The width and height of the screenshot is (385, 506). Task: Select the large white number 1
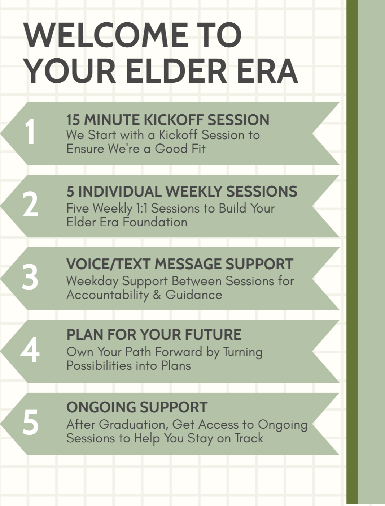30,132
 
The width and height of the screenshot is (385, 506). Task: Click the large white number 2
30,205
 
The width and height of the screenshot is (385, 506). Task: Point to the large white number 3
30,278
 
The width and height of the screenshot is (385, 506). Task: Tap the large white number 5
30,423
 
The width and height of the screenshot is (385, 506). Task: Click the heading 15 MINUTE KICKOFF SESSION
168,120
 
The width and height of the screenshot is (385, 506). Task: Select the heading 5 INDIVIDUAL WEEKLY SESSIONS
181,192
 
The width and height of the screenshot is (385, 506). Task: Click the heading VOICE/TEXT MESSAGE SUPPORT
180,264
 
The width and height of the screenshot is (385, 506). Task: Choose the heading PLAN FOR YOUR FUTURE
154,335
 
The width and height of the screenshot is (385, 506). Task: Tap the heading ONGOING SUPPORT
137,407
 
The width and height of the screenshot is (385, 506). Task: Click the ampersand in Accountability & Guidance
157,295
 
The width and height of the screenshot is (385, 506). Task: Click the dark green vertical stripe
352,253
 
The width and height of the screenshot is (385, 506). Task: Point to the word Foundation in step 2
155,222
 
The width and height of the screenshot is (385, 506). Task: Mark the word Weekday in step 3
92,281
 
